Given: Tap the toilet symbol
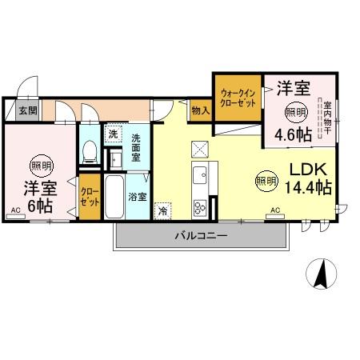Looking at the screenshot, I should click(x=90, y=150).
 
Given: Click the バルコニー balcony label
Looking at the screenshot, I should click(x=202, y=236).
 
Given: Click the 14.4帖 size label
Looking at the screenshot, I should click(x=309, y=188).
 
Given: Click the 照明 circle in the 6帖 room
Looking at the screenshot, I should click(x=38, y=166).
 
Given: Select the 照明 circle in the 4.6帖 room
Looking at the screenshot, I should click(x=295, y=111).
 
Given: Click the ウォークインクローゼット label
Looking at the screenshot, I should click(x=238, y=98).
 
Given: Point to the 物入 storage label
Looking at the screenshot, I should click(x=200, y=110).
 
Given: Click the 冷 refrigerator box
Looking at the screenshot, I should click(x=163, y=211).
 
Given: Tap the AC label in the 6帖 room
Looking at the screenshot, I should click(x=15, y=210).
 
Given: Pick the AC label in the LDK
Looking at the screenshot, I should click(x=274, y=210).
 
